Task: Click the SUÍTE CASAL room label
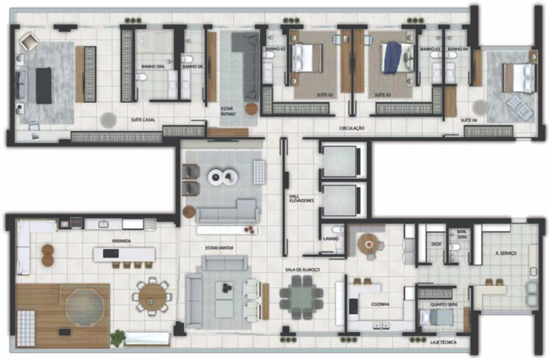143,120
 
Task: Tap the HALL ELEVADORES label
301,199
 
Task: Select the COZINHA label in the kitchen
380,304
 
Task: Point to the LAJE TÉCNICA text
443,342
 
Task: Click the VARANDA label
121,241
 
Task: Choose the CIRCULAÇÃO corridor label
352,128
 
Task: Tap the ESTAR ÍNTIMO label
228,111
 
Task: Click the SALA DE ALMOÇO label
302,270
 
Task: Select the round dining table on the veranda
152,297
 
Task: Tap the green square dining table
301,297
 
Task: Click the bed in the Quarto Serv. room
436,317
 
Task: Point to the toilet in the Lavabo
338,230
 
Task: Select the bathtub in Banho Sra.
154,41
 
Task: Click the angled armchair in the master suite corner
29,40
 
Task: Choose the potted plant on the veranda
118,338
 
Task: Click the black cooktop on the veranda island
111,253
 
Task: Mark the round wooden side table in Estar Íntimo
251,109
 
